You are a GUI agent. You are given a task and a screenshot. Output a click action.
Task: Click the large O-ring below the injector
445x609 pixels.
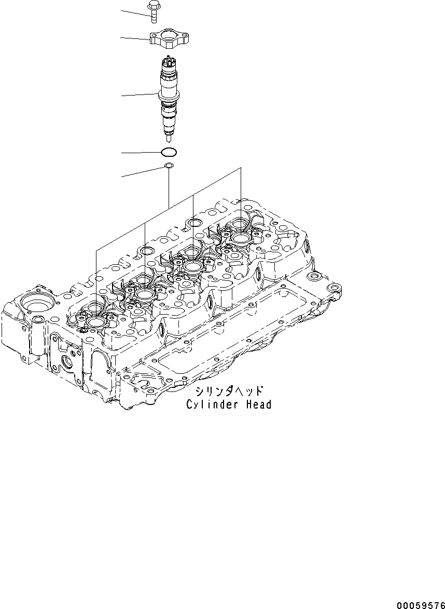click(169, 153)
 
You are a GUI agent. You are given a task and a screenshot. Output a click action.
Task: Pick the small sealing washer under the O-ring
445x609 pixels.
click(169, 166)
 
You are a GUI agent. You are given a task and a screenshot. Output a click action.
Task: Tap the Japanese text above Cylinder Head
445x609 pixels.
click(229, 391)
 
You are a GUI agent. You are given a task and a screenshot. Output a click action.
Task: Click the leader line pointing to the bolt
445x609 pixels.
click(135, 12)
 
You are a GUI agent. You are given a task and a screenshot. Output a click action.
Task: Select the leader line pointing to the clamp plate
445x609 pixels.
click(135, 38)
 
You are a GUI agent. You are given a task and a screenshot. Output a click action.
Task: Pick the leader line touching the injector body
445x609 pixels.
click(139, 94)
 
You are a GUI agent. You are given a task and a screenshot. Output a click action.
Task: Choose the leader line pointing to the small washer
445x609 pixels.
click(143, 172)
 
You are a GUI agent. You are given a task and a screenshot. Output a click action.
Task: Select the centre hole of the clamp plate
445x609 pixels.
click(169, 37)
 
